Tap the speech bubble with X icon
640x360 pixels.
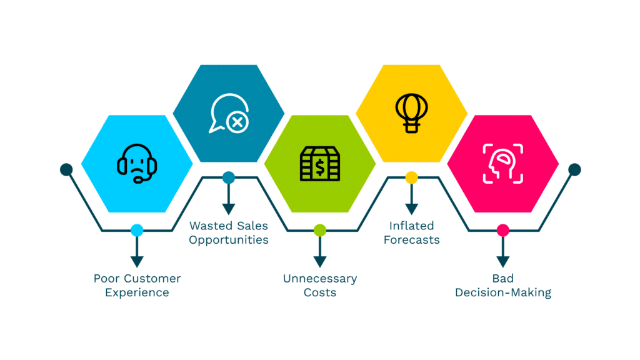point(229,114)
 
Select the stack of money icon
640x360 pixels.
point(319,164)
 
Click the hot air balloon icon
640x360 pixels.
point(411,113)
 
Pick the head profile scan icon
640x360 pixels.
point(502,164)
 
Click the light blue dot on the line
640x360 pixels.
point(137,231)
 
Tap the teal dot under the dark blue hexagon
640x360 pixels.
point(229,178)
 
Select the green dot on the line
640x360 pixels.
point(319,231)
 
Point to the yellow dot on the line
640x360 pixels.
point(411,178)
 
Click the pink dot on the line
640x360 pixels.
point(502,231)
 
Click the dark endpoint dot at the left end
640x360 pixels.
point(66,169)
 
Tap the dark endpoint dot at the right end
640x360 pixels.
point(574,169)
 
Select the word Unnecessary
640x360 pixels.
point(319,279)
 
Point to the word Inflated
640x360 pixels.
point(411,226)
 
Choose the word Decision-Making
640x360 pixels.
point(502,292)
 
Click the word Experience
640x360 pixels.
point(137,292)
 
